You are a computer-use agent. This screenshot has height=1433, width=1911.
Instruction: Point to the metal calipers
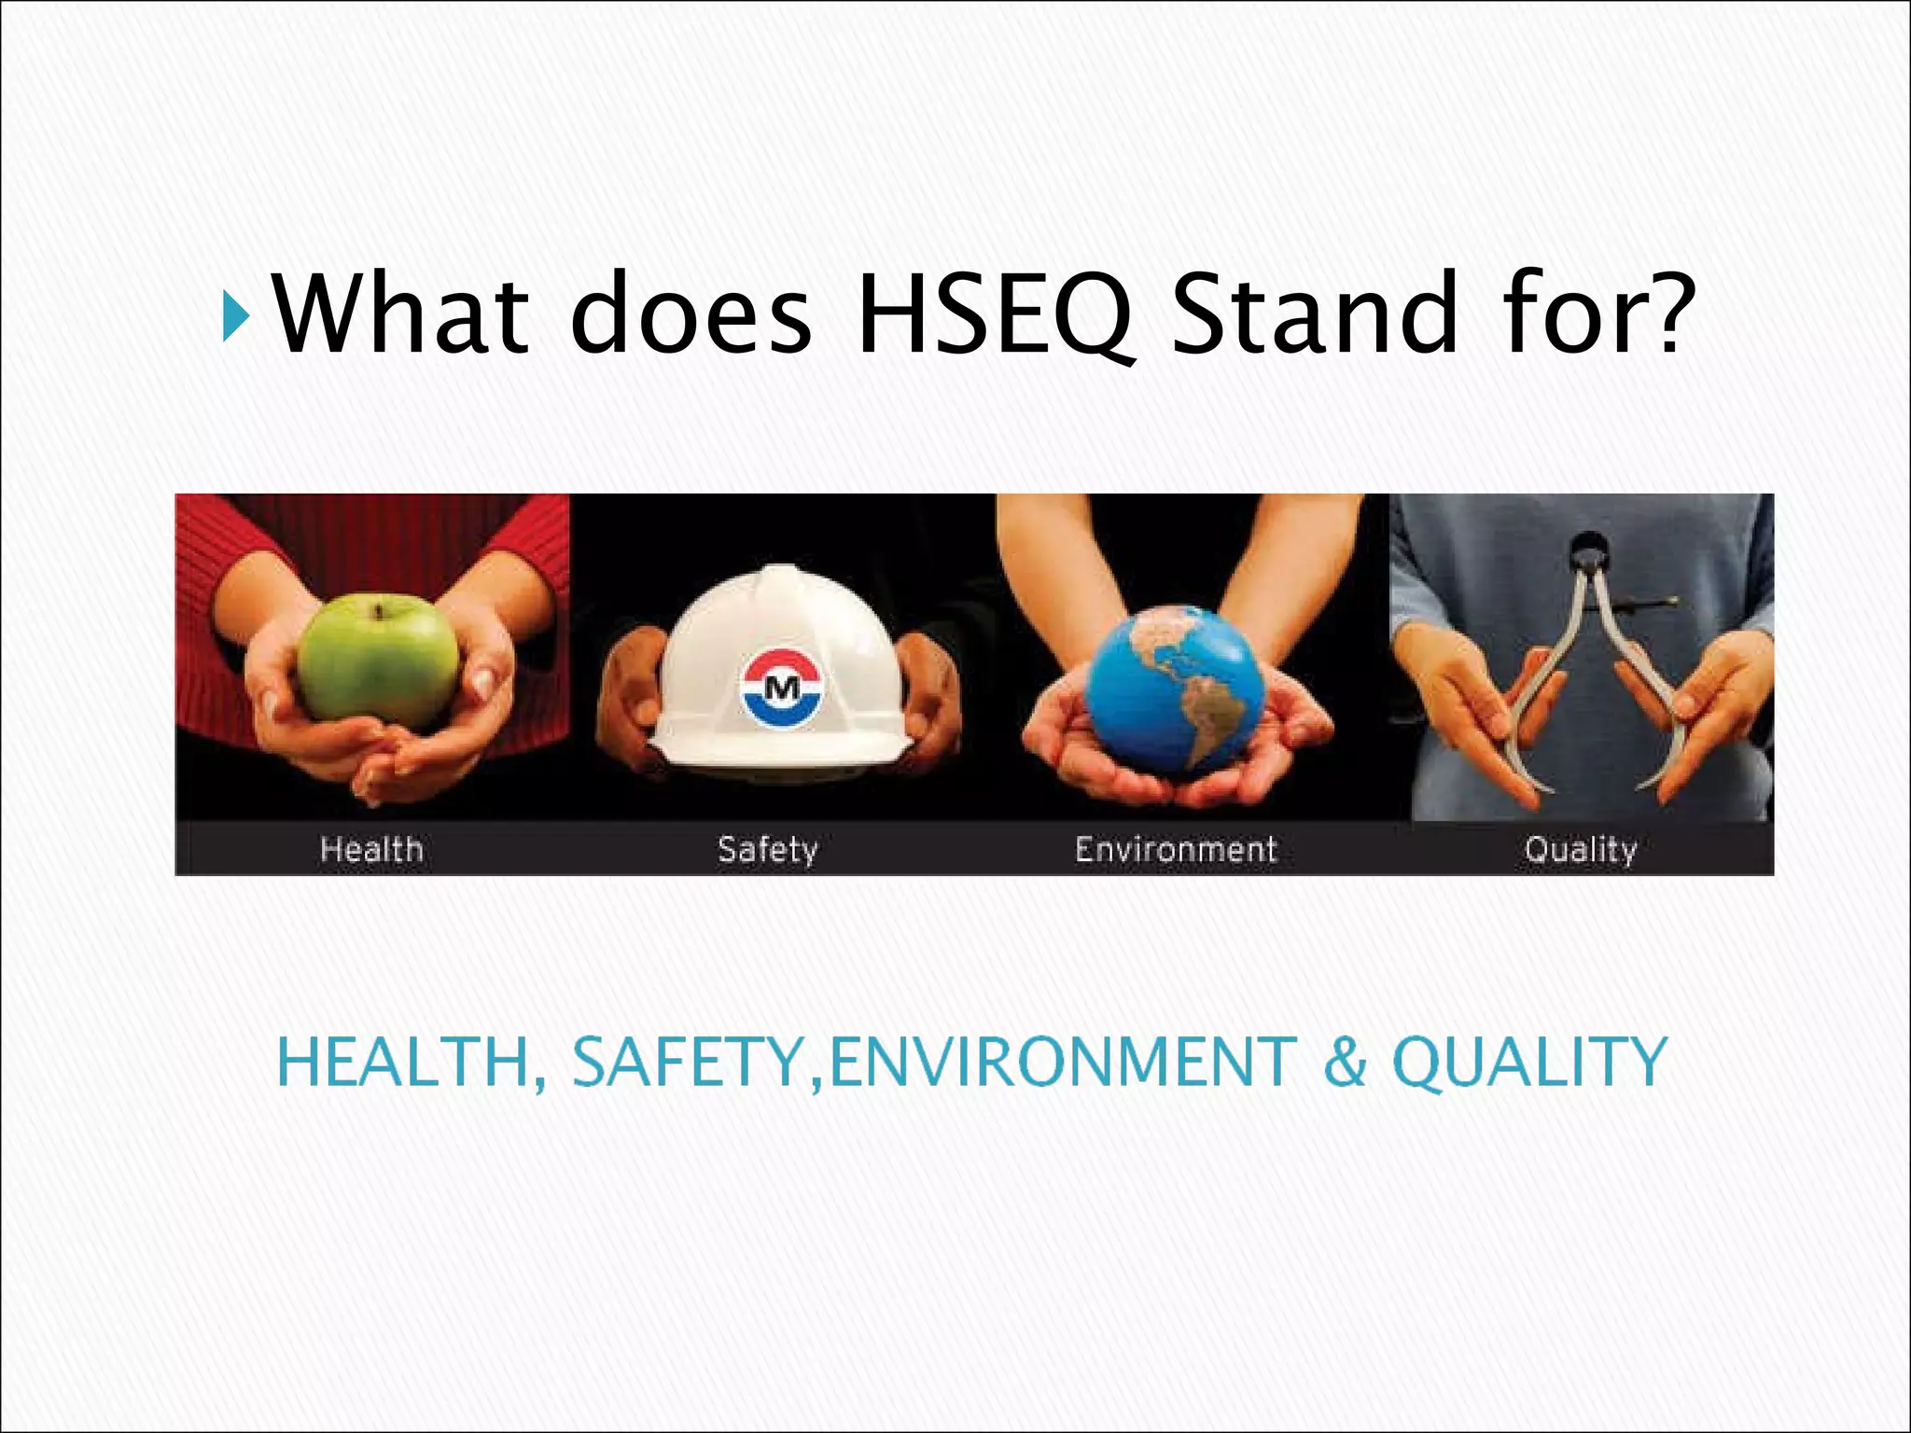(1586, 672)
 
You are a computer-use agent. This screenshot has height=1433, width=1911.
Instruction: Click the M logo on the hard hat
(782, 689)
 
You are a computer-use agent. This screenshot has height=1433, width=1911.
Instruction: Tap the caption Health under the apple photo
(371, 849)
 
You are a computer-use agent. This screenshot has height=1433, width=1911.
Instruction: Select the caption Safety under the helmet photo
(767, 849)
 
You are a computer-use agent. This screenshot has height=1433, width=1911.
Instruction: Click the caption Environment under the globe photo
(1175, 849)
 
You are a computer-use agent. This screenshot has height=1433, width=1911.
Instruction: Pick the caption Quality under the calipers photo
(1580, 849)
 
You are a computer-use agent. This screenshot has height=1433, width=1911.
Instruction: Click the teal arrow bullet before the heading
(236, 316)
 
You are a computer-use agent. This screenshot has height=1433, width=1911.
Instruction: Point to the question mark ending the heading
(1667, 313)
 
